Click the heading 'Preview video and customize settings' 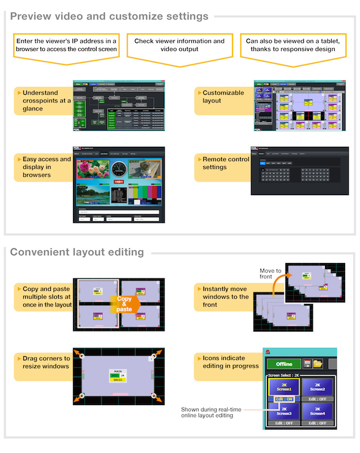(109, 16)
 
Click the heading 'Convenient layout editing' (77, 252)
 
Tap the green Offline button (284, 363)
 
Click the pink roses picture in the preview (93, 171)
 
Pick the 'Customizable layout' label (223, 96)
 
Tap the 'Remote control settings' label (226, 163)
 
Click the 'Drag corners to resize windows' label (46, 362)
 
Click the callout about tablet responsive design (292, 45)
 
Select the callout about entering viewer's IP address (66, 45)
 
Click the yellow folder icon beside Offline (318, 363)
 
